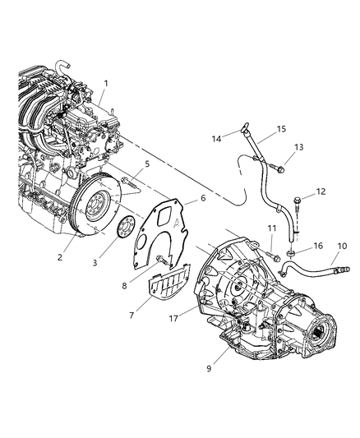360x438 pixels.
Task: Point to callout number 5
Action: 146,164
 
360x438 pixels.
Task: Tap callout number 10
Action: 343,245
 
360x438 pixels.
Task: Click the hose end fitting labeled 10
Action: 339,269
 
